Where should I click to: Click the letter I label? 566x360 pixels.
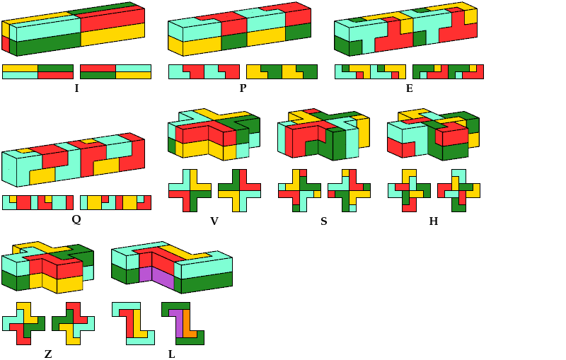(76, 88)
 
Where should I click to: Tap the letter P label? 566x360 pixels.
(243, 88)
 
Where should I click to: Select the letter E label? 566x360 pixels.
(409, 88)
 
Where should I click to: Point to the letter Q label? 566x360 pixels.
(76, 219)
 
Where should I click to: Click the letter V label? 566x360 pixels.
(214, 221)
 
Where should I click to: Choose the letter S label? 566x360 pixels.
(324, 221)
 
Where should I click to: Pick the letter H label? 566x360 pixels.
(434, 221)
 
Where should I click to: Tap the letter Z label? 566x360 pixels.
(48, 354)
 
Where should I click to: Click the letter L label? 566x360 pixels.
(171, 354)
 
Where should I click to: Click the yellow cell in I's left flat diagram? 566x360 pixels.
(20, 68)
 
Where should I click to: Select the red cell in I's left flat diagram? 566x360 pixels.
(55, 75)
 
